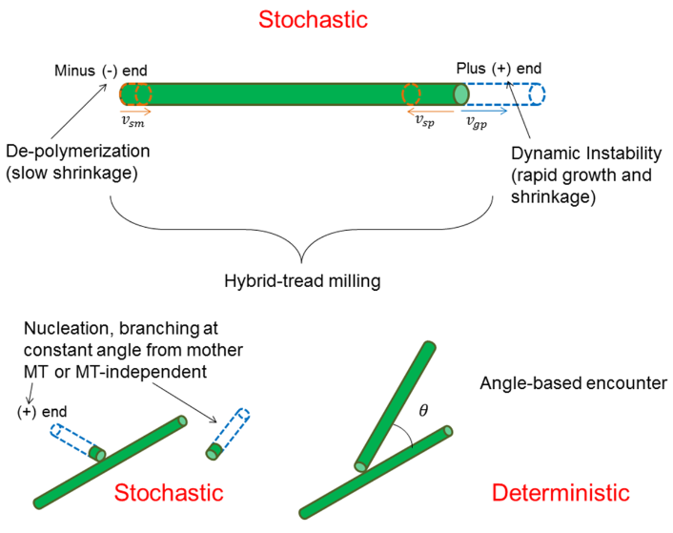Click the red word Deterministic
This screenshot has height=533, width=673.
tap(561, 493)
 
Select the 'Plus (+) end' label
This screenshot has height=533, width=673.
tap(500, 69)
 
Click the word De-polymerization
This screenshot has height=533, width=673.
tap(78, 153)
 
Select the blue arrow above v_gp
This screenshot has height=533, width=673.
tap(482, 109)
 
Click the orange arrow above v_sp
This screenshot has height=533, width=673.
tap(422, 109)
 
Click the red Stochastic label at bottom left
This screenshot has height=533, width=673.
tap(169, 493)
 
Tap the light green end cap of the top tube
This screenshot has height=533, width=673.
tap(461, 94)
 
